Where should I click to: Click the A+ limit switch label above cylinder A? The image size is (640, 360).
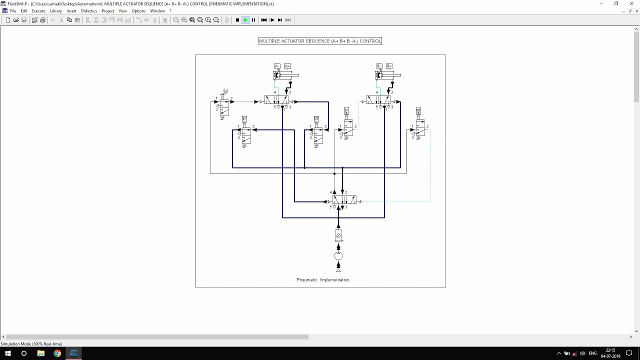(x=287, y=66)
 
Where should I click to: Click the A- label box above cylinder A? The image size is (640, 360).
(x=277, y=66)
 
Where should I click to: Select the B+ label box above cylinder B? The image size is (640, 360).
(x=389, y=66)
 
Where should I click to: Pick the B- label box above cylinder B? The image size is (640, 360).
(x=379, y=66)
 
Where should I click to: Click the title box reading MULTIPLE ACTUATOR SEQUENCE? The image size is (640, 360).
(x=320, y=41)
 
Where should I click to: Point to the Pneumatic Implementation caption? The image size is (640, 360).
(x=322, y=280)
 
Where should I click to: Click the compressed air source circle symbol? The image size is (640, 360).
(x=338, y=256)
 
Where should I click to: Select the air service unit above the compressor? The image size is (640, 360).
(x=338, y=235)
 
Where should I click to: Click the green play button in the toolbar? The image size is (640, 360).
(x=245, y=20)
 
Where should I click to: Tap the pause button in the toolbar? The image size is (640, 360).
(x=253, y=20)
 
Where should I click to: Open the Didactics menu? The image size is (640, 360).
(x=89, y=11)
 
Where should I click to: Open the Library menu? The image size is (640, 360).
(x=56, y=11)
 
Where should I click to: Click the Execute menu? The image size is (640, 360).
(x=38, y=11)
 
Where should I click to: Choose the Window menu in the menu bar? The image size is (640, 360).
(x=157, y=11)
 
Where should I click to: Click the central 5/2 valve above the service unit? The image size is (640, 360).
(x=344, y=200)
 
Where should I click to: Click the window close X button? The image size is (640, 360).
(x=631, y=3)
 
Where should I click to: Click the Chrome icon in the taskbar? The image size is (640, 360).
(x=57, y=353)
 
